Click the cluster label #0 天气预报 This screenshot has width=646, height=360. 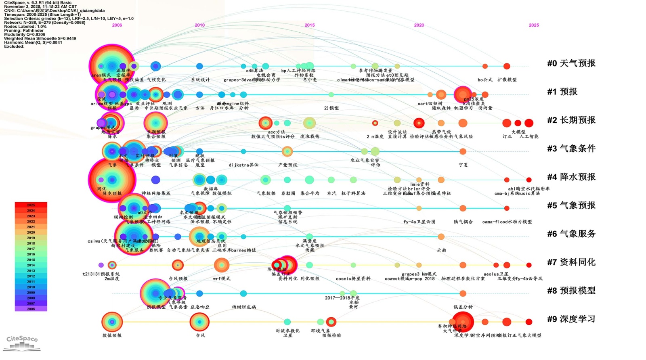click(571, 63)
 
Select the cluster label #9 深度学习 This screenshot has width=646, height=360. click(571, 319)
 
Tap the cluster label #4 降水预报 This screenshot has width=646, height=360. click(571, 177)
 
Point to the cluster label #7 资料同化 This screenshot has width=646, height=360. click(571, 262)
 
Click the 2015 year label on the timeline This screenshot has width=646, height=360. click(310, 25)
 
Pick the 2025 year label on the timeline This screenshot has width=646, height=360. click(534, 25)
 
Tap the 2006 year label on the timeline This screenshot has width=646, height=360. click(117, 25)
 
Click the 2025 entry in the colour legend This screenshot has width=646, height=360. click(31, 205)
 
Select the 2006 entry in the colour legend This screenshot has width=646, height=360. click(31, 309)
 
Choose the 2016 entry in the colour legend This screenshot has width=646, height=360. click(31, 254)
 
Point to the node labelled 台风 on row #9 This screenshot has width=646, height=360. click(199, 322)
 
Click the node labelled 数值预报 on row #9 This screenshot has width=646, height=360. click(112, 322)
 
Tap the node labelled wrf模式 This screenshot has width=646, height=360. click(221, 265)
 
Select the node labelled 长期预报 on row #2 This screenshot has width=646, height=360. click(155, 123)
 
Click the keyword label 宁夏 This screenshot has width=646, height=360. click(463, 165)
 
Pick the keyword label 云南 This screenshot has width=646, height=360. click(441, 250)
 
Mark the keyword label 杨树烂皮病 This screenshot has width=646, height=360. click(243, 307)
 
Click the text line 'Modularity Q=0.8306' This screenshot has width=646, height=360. click(25, 35)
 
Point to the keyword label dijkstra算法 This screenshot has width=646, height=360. click(243, 165)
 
